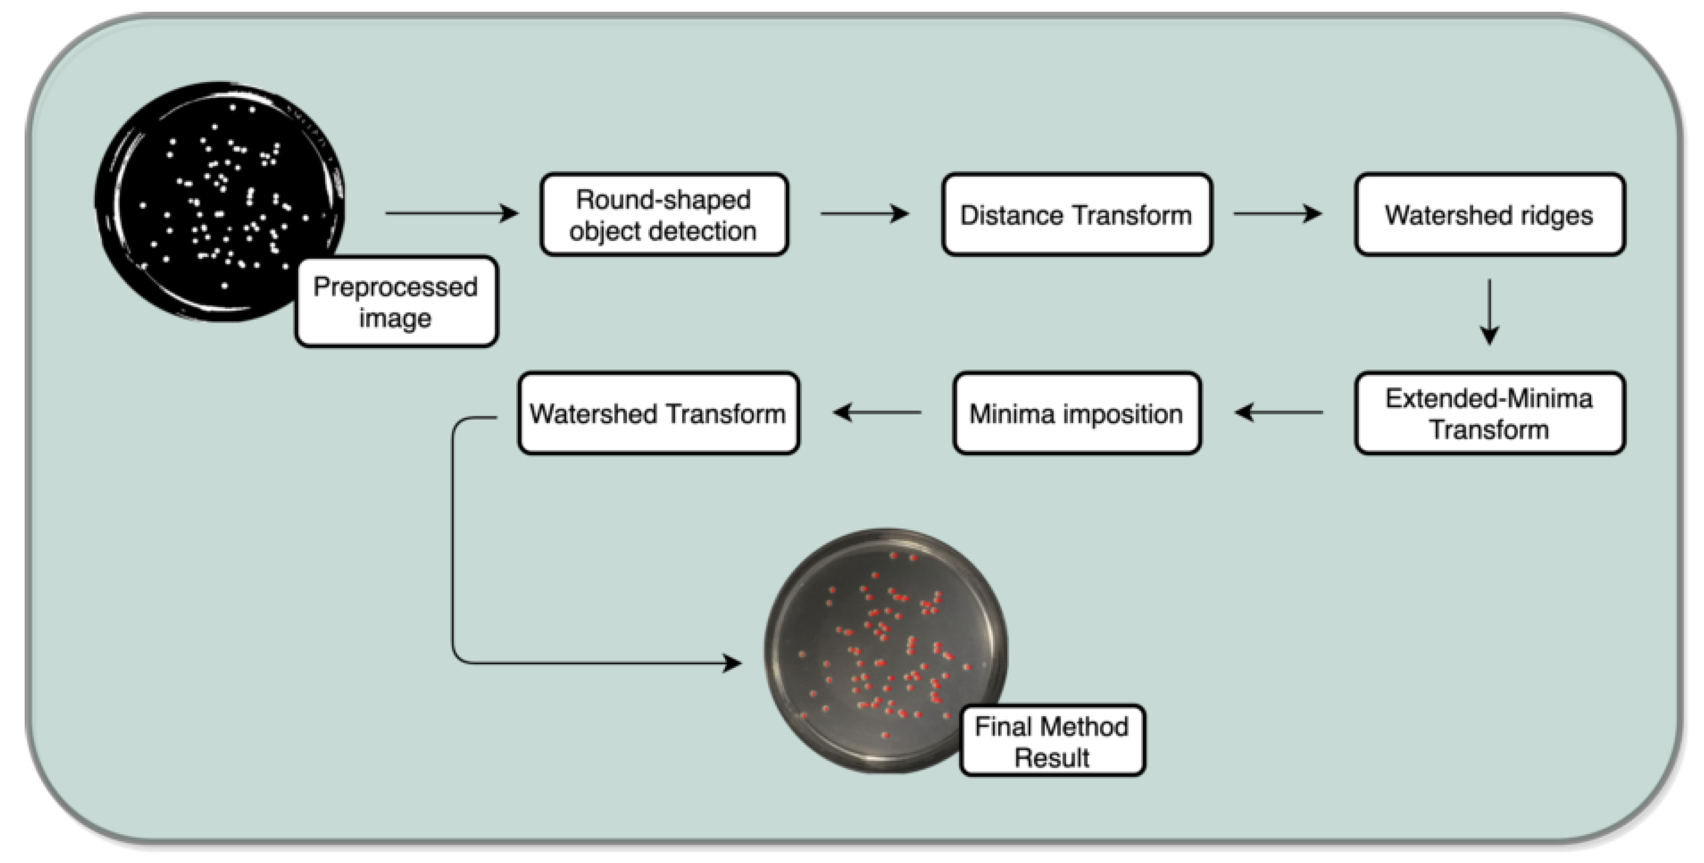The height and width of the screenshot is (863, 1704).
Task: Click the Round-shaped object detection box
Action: pos(663,214)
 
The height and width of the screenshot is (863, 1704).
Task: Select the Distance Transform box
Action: pos(1076,214)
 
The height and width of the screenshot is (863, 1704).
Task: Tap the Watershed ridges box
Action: pos(1489,214)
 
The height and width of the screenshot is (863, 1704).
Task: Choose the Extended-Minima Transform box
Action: pos(1489,413)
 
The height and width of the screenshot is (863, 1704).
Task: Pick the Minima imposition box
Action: pos(1076,413)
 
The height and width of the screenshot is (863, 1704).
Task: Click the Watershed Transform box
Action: pos(658,413)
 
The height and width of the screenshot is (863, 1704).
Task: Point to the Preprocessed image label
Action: pos(396,302)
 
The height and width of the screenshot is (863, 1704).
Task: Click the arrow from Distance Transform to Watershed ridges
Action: pos(1277,214)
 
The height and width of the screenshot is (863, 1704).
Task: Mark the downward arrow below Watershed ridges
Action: pos(1489,311)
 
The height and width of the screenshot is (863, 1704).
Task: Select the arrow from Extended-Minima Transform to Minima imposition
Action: pos(1279,412)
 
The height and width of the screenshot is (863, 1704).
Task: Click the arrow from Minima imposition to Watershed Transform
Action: pos(877,412)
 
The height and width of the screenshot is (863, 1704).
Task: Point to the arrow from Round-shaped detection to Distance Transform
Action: pos(864,214)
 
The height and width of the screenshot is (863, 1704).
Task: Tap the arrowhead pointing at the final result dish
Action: pos(732,663)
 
